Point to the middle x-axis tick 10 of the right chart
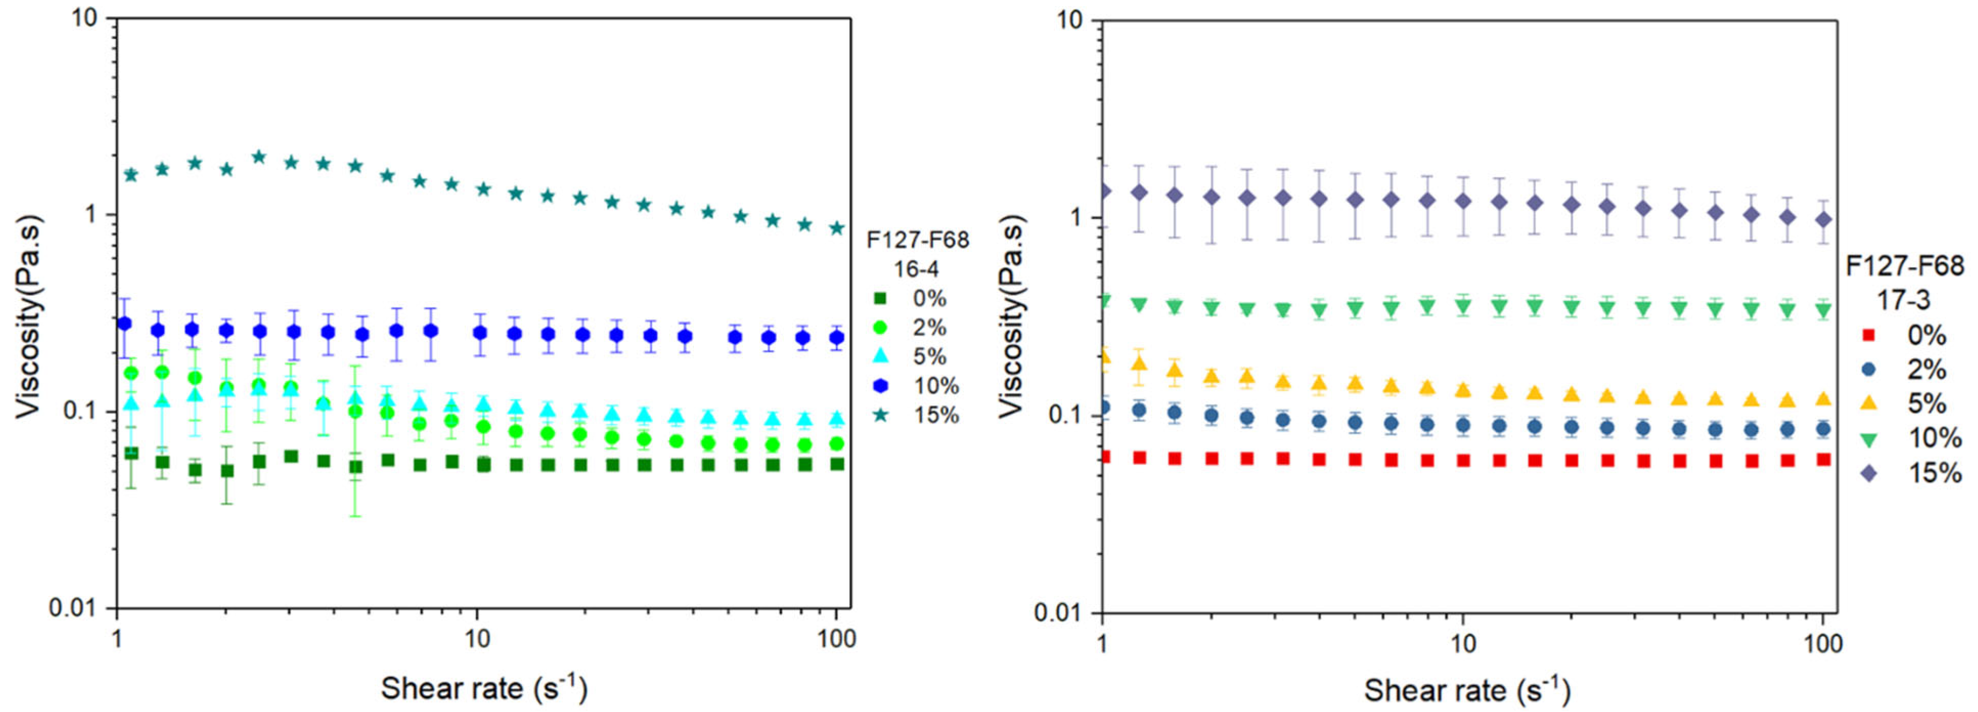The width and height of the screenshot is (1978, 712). pos(1463,643)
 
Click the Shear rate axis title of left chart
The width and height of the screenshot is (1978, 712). pos(484,687)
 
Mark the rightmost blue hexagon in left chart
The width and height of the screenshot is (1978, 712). pos(837,337)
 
